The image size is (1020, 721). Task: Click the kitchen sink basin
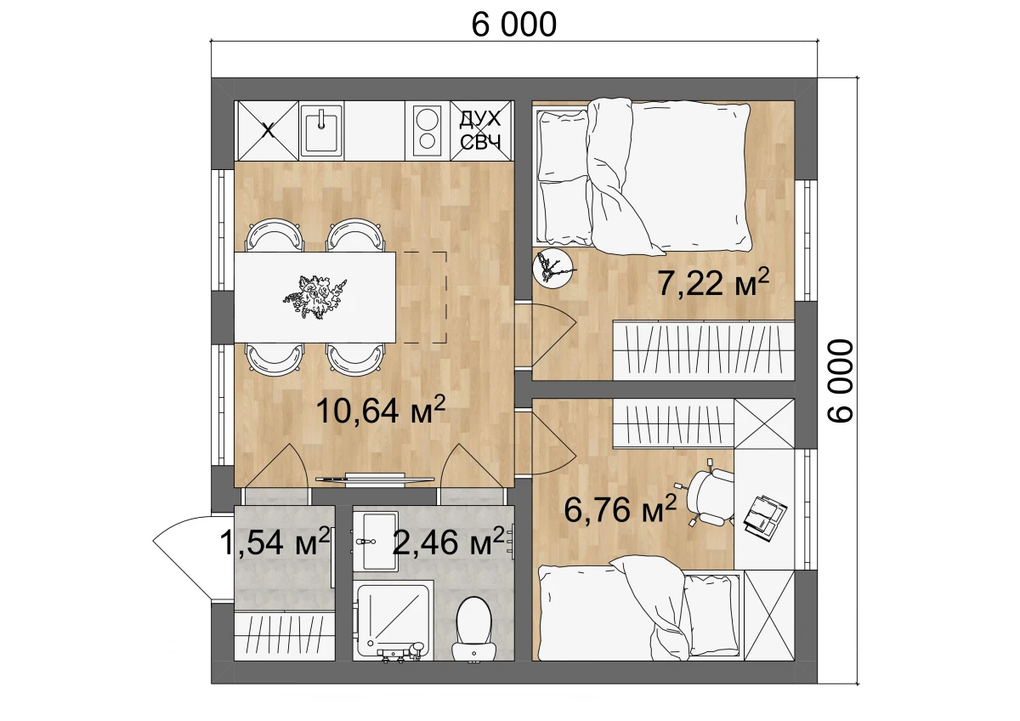pyautogui.click(x=321, y=131)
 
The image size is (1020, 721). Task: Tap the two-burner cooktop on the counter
pyautogui.click(x=427, y=131)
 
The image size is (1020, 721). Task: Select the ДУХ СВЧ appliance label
pyautogui.click(x=480, y=130)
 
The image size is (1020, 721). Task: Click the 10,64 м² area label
pyautogui.click(x=380, y=410)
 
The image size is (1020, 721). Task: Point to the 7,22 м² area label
pyautogui.click(x=713, y=282)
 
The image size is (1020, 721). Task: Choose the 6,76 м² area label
pyautogui.click(x=620, y=509)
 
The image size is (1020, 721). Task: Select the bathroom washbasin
pyautogui.click(x=375, y=541)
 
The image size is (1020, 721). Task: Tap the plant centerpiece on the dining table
pyautogui.click(x=314, y=297)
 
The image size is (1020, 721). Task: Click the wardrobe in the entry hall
pyautogui.click(x=285, y=637)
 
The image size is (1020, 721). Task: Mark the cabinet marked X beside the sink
pyautogui.click(x=268, y=131)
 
